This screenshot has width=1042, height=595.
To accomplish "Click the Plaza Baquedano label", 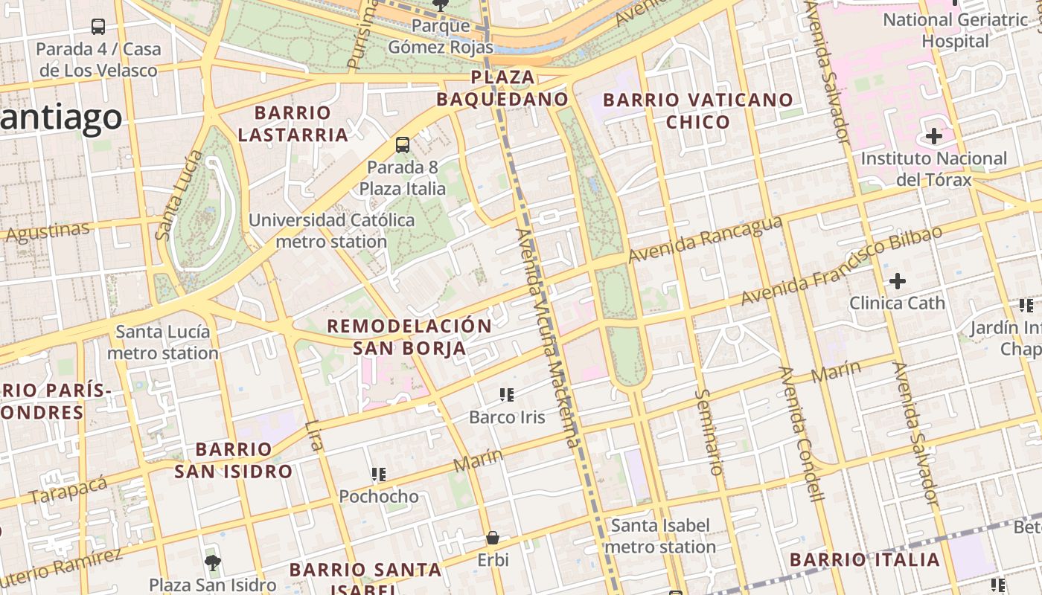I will pyautogui.click(x=502, y=88).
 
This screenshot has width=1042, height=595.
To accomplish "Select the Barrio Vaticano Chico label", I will pyautogui.click(x=698, y=111).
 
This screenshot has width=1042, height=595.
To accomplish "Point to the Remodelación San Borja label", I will pyautogui.click(x=409, y=337).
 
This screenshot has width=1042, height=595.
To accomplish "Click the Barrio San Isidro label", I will pyautogui.click(x=234, y=460).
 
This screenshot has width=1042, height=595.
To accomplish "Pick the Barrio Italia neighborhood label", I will pyautogui.click(x=864, y=559).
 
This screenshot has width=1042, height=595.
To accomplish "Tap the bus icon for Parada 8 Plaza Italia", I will pyautogui.click(x=403, y=145).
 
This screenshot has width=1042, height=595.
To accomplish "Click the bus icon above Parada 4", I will pyautogui.click(x=98, y=27).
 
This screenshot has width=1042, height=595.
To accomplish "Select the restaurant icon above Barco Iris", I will pyautogui.click(x=507, y=395).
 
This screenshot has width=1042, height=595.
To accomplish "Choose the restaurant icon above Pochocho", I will pyautogui.click(x=379, y=474).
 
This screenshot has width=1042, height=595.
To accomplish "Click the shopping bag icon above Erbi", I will pyautogui.click(x=492, y=537).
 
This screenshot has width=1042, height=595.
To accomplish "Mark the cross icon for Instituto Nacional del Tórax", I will pyautogui.click(x=933, y=136).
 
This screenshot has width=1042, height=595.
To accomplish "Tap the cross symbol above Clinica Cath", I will pyautogui.click(x=898, y=281).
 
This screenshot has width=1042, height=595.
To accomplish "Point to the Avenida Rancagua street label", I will pyautogui.click(x=705, y=239).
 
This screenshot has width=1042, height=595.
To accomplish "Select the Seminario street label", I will pyautogui.click(x=709, y=431).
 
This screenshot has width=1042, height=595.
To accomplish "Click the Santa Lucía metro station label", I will pyautogui.click(x=163, y=342).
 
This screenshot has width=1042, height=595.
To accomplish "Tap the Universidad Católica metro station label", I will pyautogui.click(x=331, y=231).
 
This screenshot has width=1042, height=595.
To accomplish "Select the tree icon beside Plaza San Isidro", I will pyautogui.click(x=213, y=562).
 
